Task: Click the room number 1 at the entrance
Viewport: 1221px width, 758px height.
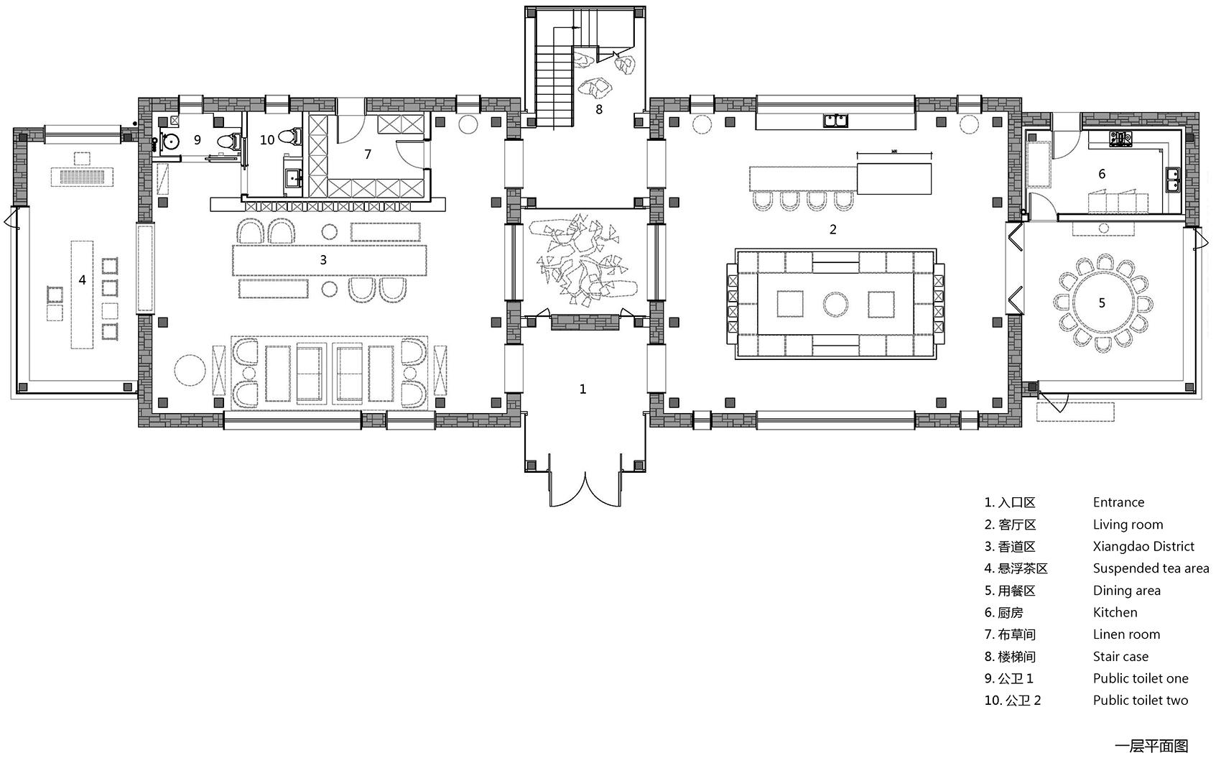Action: (582, 389)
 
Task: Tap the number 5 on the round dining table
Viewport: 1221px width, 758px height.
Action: (1102, 303)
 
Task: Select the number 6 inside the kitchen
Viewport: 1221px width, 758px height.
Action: (1102, 174)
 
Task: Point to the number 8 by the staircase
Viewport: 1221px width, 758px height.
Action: (599, 110)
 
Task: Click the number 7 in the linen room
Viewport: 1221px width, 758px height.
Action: (368, 154)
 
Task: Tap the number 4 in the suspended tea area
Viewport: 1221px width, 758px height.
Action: (83, 280)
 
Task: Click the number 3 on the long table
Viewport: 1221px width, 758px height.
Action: (323, 260)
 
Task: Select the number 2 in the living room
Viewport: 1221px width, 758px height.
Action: (833, 230)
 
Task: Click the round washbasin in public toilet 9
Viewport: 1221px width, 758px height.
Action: (170, 142)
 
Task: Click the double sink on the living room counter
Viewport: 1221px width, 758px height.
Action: (835, 120)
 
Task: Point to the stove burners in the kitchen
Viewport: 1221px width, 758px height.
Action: (1120, 139)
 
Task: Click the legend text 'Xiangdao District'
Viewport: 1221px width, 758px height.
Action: (1143, 547)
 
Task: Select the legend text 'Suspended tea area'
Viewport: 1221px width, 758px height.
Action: (1151, 568)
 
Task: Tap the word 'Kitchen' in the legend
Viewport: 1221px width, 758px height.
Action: (1115, 612)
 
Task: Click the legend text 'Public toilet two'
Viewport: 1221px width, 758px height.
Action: (1141, 701)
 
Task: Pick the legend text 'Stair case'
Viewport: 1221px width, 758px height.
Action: (1120, 657)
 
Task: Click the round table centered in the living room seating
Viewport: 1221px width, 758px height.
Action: (835, 305)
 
